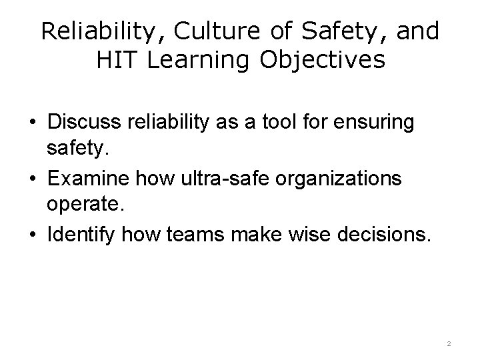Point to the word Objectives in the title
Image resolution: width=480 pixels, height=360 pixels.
click(322, 61)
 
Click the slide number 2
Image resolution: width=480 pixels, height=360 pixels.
click(449, 343)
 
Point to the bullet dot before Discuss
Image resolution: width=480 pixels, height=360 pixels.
click(32, 124)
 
